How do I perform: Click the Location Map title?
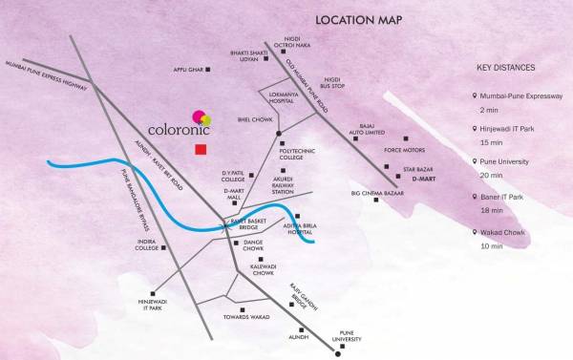coord(358,20)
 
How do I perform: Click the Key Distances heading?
coord(505,69)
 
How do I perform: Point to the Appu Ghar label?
coord(190,70)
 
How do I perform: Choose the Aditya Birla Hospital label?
coord(297,224)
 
